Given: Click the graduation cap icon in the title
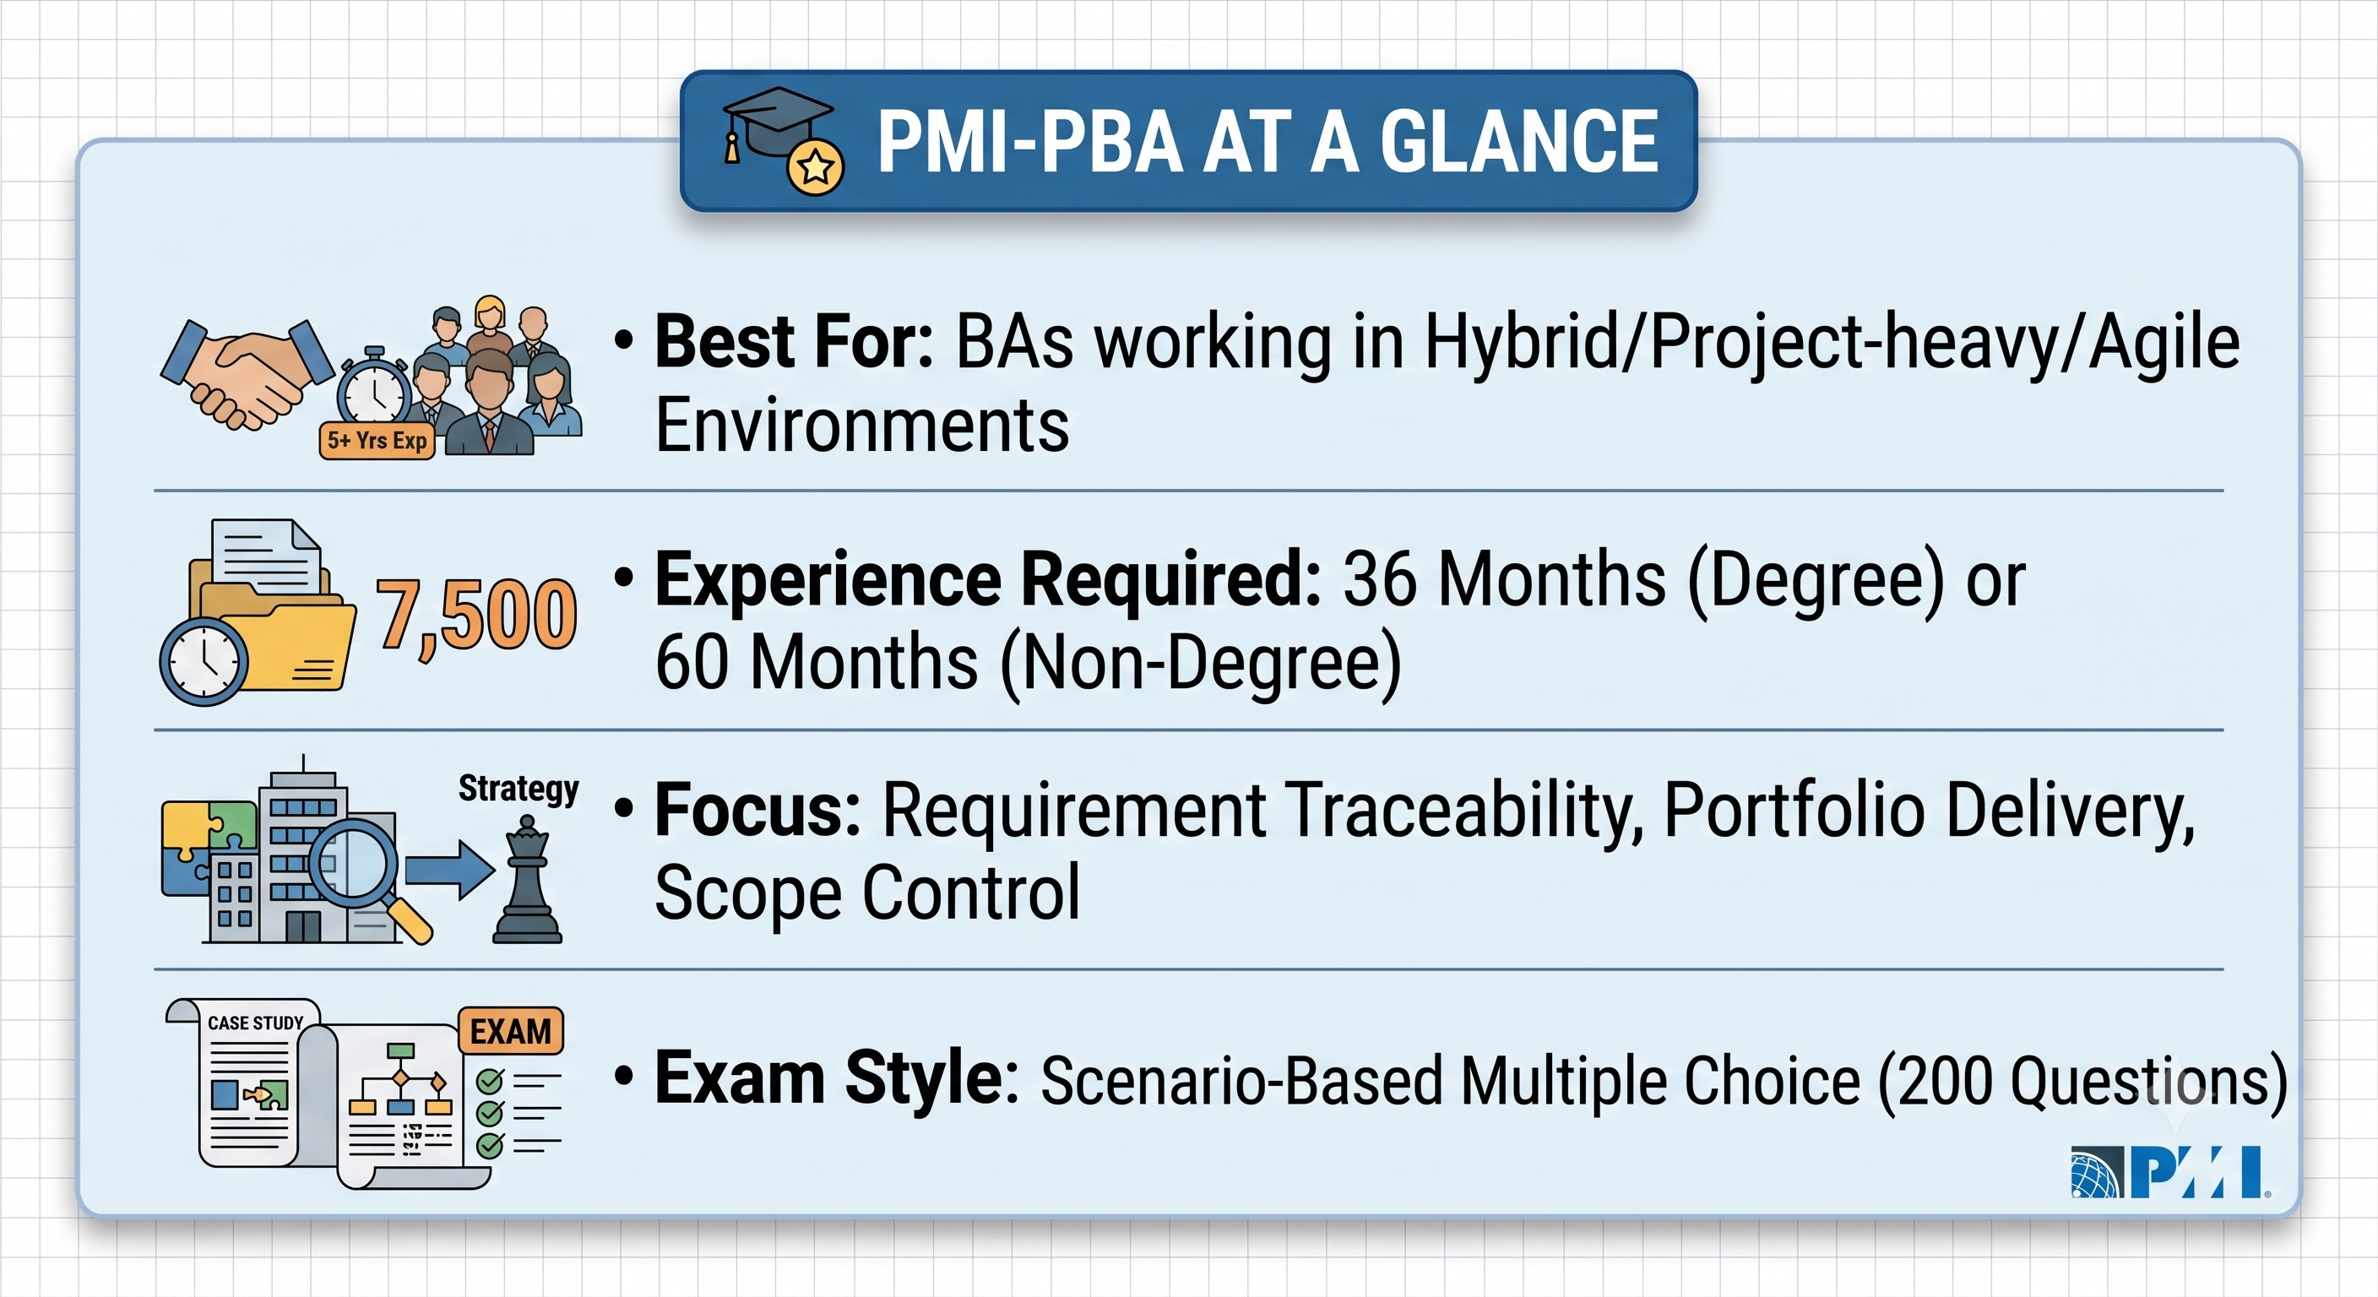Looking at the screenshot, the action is point(781,139).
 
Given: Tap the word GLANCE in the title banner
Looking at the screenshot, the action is point(1518,142).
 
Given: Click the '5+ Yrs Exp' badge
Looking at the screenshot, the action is point(377,440).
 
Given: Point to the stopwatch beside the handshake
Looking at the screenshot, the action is point(374,388).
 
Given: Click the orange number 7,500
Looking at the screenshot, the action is point(476,615).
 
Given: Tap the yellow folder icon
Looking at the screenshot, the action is point(272,627).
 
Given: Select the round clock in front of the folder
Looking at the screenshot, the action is point(204,662).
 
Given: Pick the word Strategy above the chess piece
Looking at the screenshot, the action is point(518,790).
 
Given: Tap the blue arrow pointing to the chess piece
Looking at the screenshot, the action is point(449,870).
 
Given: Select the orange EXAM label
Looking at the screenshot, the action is point(511,1031).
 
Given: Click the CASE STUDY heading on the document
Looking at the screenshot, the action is point(256,1023).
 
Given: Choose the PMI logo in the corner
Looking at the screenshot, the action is point(2169,1172).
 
